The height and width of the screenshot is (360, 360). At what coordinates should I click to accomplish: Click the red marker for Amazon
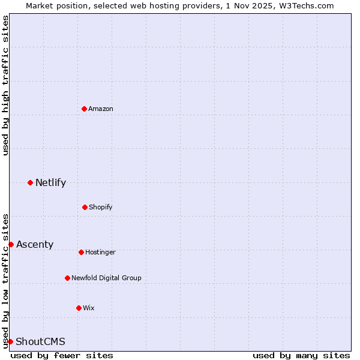[x=84, y=109]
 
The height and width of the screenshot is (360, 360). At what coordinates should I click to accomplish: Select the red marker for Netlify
[x=30, y=182]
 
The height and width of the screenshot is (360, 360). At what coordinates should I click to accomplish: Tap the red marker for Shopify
[x=85, y=207]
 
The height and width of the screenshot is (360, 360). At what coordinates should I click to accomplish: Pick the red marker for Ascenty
[x=11, y=244]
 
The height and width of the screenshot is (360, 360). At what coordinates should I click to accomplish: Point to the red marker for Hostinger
[x=81, y=252]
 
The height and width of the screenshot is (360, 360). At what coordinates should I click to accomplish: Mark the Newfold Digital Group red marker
[x=67, y=278]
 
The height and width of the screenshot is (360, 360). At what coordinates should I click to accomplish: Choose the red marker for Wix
[x=79, y=308]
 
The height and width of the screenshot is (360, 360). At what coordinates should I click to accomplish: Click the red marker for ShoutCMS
[x=10, y=341]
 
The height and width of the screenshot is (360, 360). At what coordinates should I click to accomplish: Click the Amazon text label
[x=101, y=109]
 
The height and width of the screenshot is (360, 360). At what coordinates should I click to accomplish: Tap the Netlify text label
[x=50, y=182]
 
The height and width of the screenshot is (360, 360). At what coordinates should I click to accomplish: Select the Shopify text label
[x=101, y=207]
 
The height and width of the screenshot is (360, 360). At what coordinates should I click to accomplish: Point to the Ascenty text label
[x=35, y=244]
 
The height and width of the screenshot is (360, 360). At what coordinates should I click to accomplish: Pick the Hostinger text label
[x=100, y=252]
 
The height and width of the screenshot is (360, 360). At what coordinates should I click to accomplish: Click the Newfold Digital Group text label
[x=106, y=278]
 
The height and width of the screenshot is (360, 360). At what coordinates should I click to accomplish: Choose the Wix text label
[x=89, y=308]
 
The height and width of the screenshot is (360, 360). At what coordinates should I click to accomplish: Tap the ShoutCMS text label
[x=40, y=341]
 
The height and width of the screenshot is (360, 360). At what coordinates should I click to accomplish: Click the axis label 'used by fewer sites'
[x=62, y=355]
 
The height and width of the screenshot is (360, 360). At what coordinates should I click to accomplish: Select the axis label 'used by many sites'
[x=301, y=355]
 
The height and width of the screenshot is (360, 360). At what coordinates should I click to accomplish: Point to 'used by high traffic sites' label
[x=5, y=85]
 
